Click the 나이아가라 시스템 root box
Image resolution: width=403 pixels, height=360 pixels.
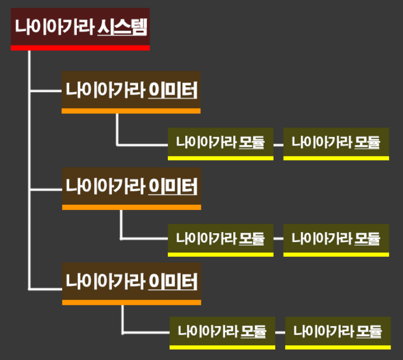(80, 27)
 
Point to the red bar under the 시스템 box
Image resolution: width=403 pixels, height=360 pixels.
(80, 48)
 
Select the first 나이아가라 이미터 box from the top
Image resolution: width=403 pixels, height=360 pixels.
(131, 90)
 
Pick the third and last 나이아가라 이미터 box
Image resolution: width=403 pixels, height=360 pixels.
(131, 281)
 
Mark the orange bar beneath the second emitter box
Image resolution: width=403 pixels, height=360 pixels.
(131, 207)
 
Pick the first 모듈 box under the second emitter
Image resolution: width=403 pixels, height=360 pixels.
(220, 238)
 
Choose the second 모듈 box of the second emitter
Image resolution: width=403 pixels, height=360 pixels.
(336, 238)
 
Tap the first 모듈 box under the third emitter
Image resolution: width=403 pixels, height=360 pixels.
(222, 330)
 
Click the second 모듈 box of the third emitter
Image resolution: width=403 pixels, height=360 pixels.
(338, 330)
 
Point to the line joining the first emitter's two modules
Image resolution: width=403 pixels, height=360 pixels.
(278, 144)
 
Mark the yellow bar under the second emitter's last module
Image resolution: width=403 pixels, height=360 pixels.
(336, 255)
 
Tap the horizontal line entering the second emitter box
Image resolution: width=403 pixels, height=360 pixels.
(46, 190)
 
